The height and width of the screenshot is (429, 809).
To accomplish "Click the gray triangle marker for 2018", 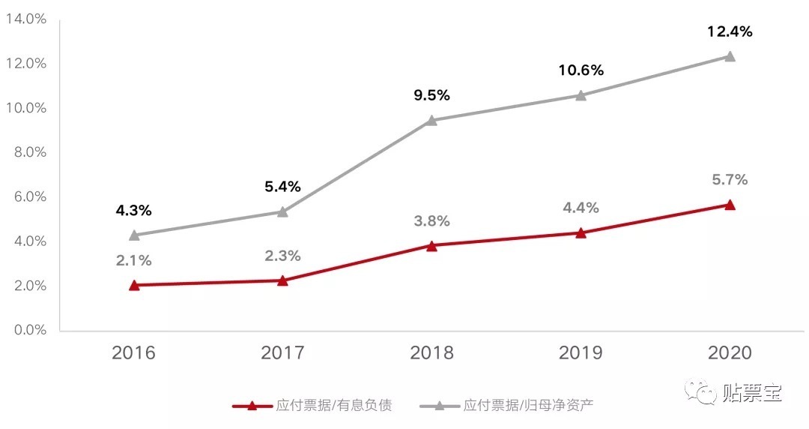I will pyautogui.click(x=431, y=120).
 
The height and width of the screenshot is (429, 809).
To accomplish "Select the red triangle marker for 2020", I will pyautogui.click(x=730, y=205).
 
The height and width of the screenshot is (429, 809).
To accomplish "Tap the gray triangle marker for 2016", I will pyautogui.click(x=134, y=235).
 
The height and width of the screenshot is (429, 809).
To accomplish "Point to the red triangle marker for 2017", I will pyautogui.click(x=282, y=280).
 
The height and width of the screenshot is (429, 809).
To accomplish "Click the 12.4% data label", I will pyautogui.click(x=730, y=31).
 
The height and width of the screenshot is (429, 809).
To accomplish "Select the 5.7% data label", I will pyautogui.click(x=730, y=180).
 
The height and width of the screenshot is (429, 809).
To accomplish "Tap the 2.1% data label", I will pyautogui.click(x=134, y=260).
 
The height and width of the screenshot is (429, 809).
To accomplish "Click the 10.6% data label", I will pyautogui.click(x=581, y=70).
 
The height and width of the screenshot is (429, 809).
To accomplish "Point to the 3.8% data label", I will pyautogui.click(x=431, y=221).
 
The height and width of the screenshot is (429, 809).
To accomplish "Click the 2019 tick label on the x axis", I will pyautogui.click(x=581, y=352).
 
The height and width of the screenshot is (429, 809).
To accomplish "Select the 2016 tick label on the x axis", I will pyautogui.click(x=134, y=352).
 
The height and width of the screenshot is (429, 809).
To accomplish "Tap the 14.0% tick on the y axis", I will pyautogui.click(x=25, y=19).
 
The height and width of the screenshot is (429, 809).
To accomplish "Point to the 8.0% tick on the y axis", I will pyautogui.click(x=25, y=152).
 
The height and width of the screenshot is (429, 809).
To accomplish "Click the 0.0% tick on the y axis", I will pyautogui.click(x=25, y=330).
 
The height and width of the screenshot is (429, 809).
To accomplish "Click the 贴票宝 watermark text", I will pyautogui.click(x=752, y=392).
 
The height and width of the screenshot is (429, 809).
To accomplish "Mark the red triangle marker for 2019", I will pyautogui.click(x=581, y=232).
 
